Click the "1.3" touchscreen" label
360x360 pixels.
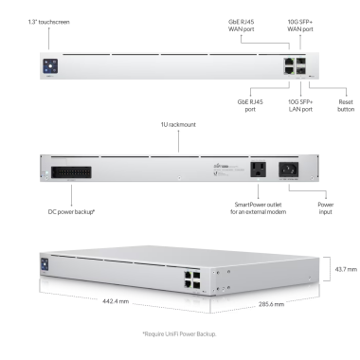49,22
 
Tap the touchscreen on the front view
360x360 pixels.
50,66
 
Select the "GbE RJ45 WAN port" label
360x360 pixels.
241,26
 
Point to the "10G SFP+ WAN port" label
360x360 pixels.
300,26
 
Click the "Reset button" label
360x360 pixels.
346,105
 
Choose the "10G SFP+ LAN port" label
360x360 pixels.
300,105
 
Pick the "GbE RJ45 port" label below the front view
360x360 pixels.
250,105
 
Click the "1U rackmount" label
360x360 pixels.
178,124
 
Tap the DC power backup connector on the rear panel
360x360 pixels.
71,172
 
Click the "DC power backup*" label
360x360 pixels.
71,211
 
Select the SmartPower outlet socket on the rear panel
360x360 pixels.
258,170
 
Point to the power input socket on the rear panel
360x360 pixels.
288,170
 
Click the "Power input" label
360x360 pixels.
326,208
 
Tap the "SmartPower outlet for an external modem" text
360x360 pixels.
259,208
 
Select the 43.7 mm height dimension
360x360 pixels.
346,269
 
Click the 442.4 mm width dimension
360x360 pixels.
116,301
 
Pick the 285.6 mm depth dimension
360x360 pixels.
271,304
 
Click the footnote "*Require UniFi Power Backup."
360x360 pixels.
179,333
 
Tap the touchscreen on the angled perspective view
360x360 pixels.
45,264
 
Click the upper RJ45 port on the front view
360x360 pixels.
288,62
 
